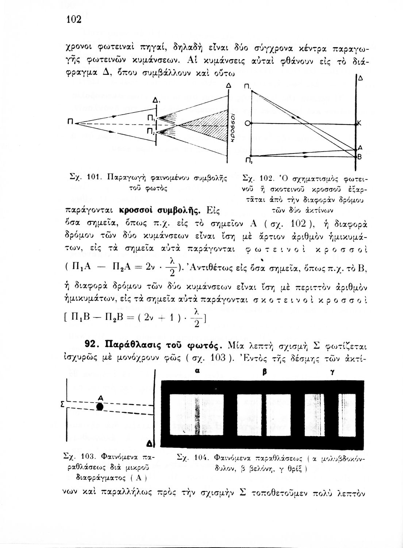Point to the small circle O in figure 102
point(247,124)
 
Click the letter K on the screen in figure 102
point(359,124)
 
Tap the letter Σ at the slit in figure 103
point(62,405)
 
